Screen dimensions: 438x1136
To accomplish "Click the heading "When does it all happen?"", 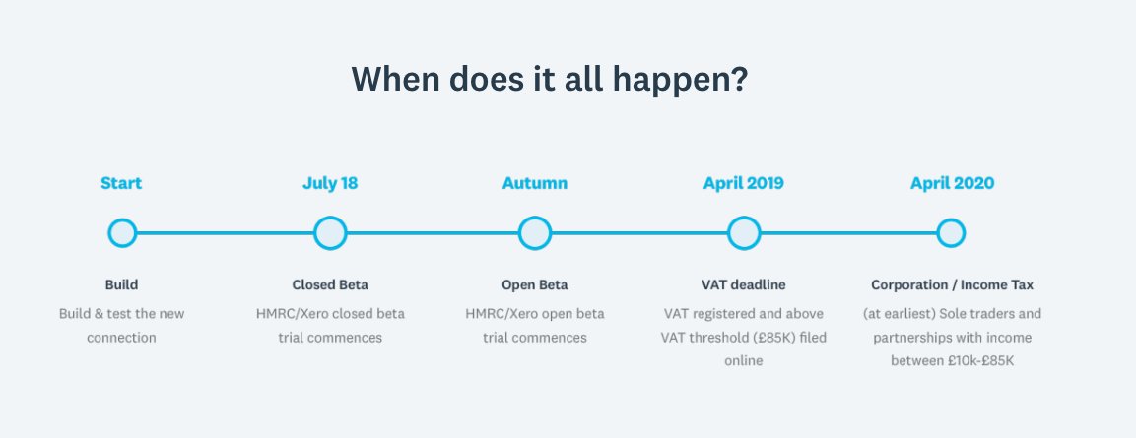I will [549, 79].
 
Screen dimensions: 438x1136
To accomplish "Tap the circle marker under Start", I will [122, 233].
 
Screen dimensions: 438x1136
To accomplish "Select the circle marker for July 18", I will [330, 233].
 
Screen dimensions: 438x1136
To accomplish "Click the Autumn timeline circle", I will [535, 233].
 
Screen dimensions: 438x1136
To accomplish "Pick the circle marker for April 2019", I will [744, 233].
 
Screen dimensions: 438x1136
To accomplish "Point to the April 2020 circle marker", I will [951, 233].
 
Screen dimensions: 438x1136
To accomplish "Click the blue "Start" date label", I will [121, 183].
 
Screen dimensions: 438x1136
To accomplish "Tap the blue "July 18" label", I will [330, 183].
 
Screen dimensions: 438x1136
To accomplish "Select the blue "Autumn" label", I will [535, 183].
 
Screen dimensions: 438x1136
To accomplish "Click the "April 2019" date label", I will [744, 183].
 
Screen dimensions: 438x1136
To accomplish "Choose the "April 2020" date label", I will [952, 183].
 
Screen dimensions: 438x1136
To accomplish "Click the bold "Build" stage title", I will [121, 285].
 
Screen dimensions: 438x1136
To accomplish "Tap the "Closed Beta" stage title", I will [330, 285].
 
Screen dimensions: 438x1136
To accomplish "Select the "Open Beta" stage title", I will [535, 285].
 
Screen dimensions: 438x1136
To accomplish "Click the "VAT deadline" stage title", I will [744, 285].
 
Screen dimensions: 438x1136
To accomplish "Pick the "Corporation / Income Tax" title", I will [952, 285].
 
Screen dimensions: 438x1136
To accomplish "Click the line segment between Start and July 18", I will [226, 233].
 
